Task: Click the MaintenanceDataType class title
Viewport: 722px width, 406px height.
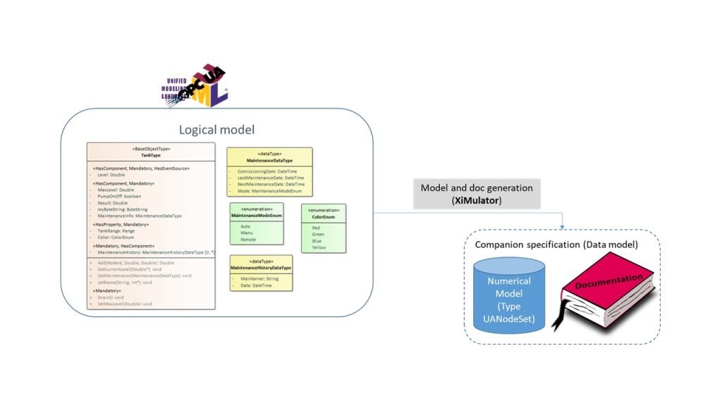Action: (x=269, y=161)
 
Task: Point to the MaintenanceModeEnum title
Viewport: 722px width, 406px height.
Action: (x=257, y=215)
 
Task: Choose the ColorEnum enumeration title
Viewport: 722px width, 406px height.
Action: (x=324, y=216)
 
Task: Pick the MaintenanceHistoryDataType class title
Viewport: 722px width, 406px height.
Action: (x=261, y=268)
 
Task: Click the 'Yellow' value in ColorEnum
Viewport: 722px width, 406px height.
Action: (x=319, y=248)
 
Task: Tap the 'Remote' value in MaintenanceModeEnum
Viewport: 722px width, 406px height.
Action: (x=248, y=240)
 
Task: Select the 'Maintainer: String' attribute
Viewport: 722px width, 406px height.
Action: (x=259, y=278)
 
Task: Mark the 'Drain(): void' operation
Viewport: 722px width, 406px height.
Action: (x=111, y=297)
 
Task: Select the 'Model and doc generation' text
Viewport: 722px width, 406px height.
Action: (x=476, y=188)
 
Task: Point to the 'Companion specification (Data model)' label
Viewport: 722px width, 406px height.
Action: (x=556, y=245)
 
